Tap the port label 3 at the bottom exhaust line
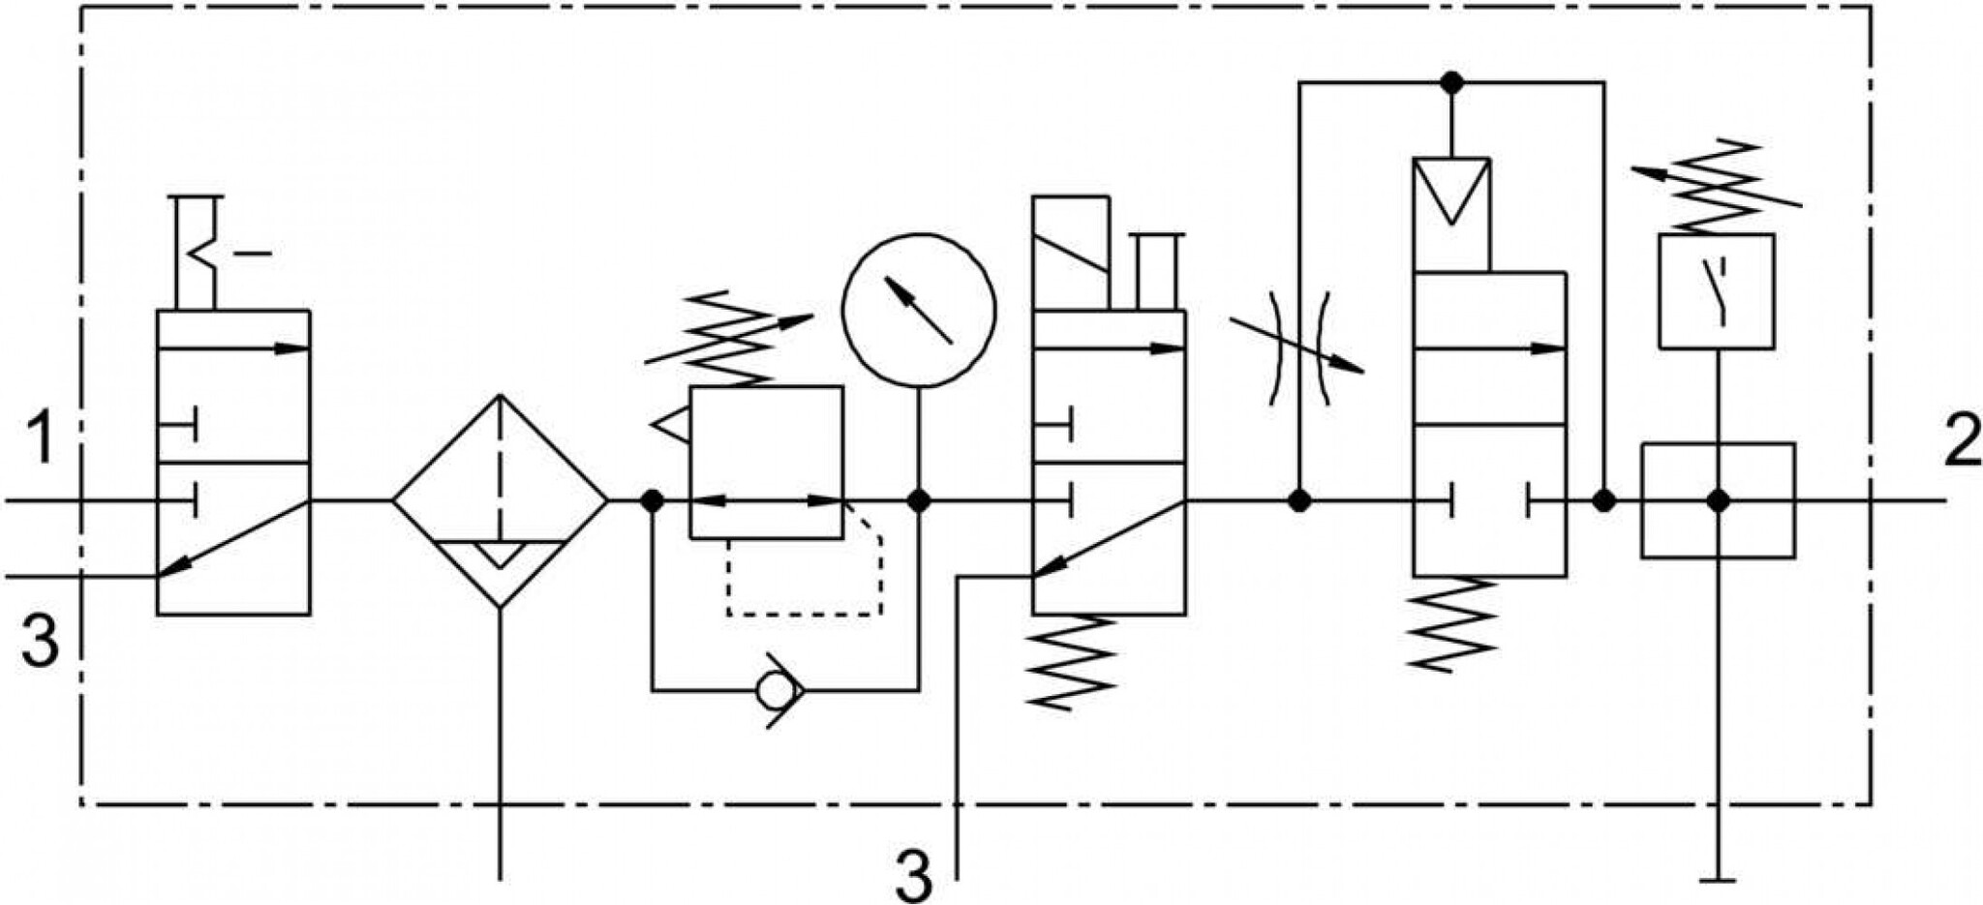(913, 876)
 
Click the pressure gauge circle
(919, 310)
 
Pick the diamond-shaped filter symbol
(500, 500)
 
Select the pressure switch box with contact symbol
(1717, 291)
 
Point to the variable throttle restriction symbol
(1297, 347)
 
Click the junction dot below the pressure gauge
(919, 500)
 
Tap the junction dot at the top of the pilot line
(1450, 82)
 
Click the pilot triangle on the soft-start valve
(1450, 191)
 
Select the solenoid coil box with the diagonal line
(1071, 254)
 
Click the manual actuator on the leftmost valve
(207, 253)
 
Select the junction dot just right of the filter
(652, 500)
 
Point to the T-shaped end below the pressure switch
(1718, 880)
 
